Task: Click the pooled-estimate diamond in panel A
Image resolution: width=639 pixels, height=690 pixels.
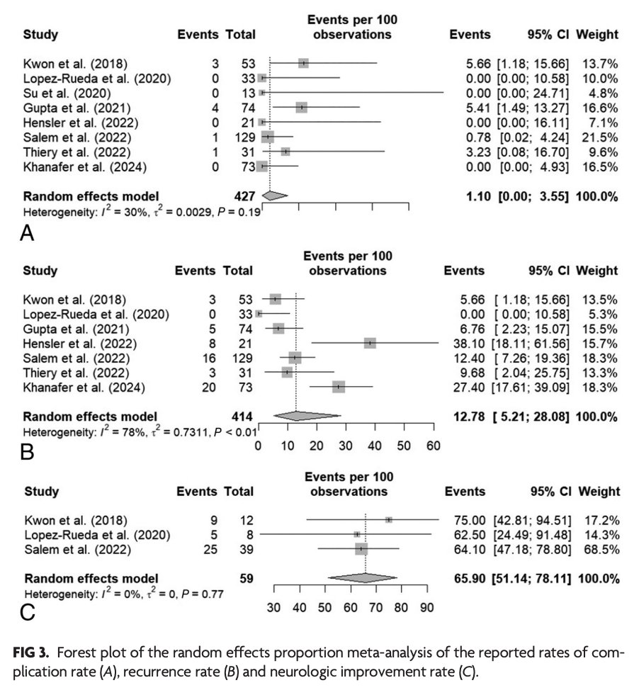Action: click(275, 196)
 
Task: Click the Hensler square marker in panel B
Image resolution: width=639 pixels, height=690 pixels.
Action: click(370, 343)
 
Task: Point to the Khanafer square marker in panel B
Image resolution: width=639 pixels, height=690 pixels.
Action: click(339, 387)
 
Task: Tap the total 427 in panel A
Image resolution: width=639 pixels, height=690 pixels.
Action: click(244, 196)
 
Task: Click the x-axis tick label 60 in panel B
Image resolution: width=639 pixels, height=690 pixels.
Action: click(433, 446)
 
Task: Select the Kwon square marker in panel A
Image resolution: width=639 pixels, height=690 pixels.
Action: click(303, 63)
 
